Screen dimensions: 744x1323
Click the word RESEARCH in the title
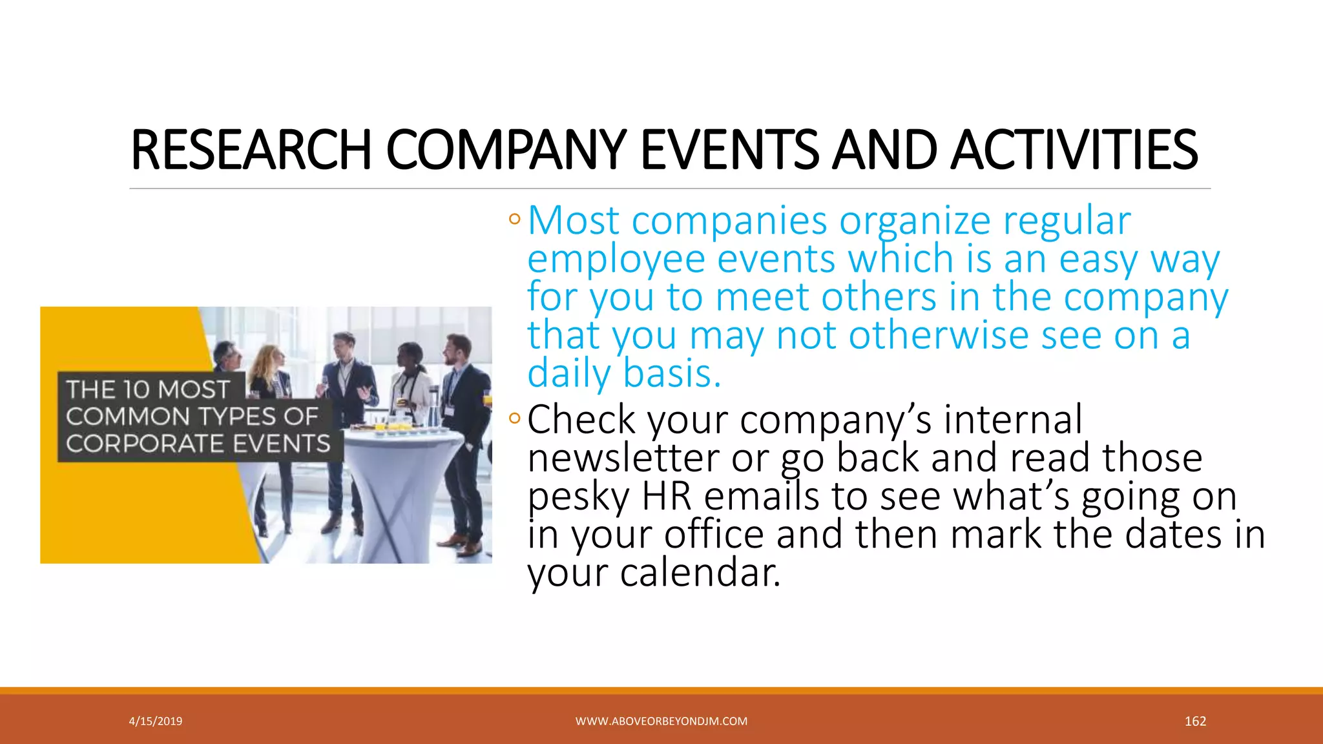(251, 150)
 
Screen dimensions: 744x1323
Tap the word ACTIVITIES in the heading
(1074, 150)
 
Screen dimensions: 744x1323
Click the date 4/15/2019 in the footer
(156, 721)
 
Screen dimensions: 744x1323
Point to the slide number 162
(1195, 721)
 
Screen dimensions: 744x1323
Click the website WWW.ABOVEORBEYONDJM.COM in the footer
(661, 721)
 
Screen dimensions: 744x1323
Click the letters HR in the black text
(666, 497)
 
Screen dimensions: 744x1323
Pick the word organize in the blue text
(915, 221)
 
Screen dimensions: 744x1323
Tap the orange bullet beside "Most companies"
(514, 220)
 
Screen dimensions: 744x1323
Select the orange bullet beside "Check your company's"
(514, 418)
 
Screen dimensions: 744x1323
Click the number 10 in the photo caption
(136, 389)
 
